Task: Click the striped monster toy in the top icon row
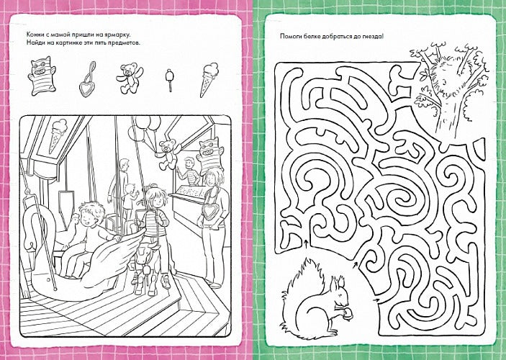tap(41, 75)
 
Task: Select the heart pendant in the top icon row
tap(88, 80)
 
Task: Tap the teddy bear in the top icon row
tap(128, 78)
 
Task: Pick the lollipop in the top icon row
tap(169, 79)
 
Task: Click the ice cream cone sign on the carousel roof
tap(57, 134)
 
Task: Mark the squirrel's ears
tap(337, 282)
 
